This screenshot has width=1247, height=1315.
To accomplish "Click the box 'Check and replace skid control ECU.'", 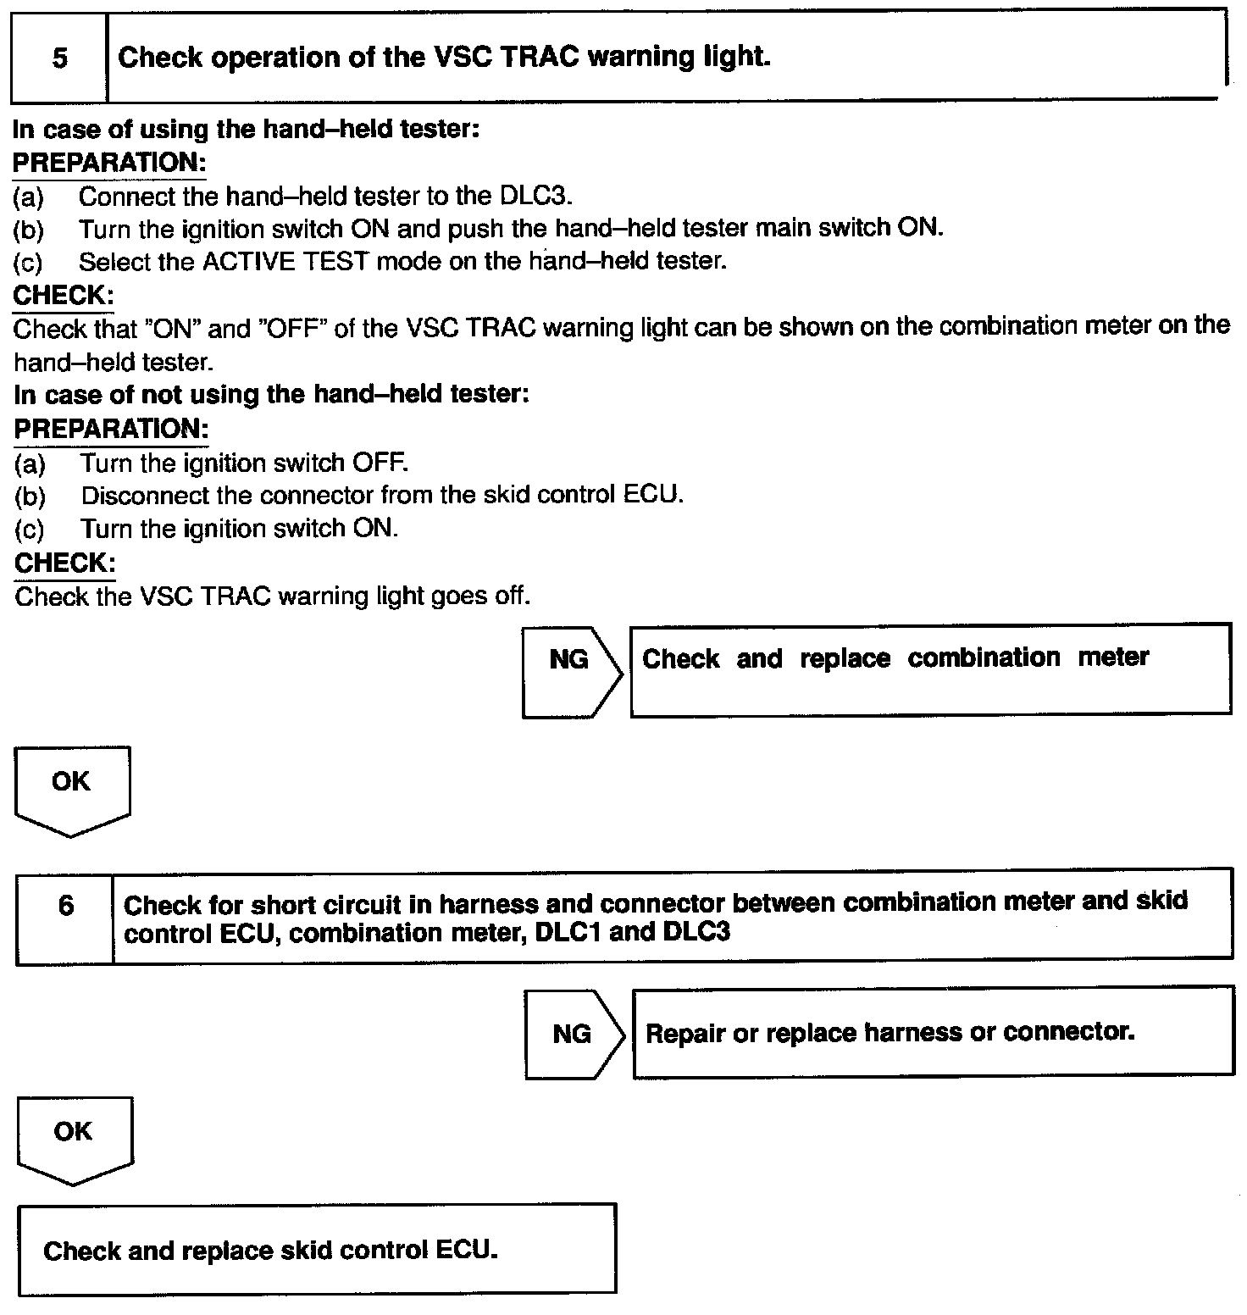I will click(317, 1250).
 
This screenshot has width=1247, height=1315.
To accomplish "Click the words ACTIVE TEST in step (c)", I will click(285, 261).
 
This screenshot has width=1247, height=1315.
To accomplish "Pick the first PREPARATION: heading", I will click(109, 162).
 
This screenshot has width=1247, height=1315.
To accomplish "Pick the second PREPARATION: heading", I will click(111, 429).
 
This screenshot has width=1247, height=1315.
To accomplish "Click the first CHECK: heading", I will click(64, 295).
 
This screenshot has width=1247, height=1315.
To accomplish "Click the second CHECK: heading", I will click(65, 563).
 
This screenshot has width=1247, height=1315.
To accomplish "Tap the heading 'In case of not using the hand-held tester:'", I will click(271, 395).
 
